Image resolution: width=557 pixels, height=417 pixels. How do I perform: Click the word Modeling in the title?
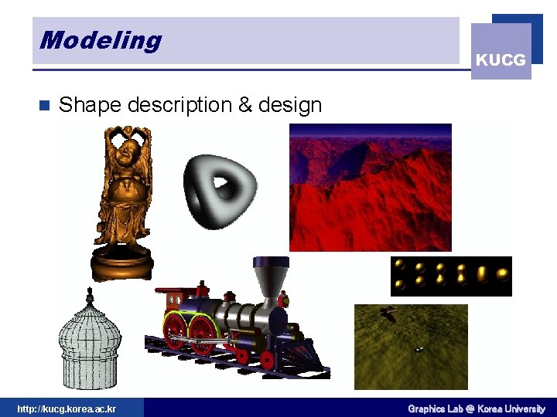pos(101,39)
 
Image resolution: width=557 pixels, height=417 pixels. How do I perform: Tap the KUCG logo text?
pos(501,59)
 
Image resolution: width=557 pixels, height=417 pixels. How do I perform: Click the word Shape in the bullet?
pos(90,105)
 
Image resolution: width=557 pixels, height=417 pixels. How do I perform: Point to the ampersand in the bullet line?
pos(246,105)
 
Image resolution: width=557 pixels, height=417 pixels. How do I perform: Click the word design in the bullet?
pos(289,105)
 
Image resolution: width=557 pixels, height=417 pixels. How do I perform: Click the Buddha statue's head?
pos(122,151)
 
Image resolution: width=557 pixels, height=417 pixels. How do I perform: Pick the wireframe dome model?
pos(90,344)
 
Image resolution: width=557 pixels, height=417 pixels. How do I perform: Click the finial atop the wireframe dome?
pos(90,294)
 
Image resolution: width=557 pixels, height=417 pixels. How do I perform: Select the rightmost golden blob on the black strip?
pos(502,274)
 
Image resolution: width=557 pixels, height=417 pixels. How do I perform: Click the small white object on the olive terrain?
pos(419,348)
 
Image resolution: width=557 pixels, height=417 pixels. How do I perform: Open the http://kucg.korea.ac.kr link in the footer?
pos(67,409)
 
